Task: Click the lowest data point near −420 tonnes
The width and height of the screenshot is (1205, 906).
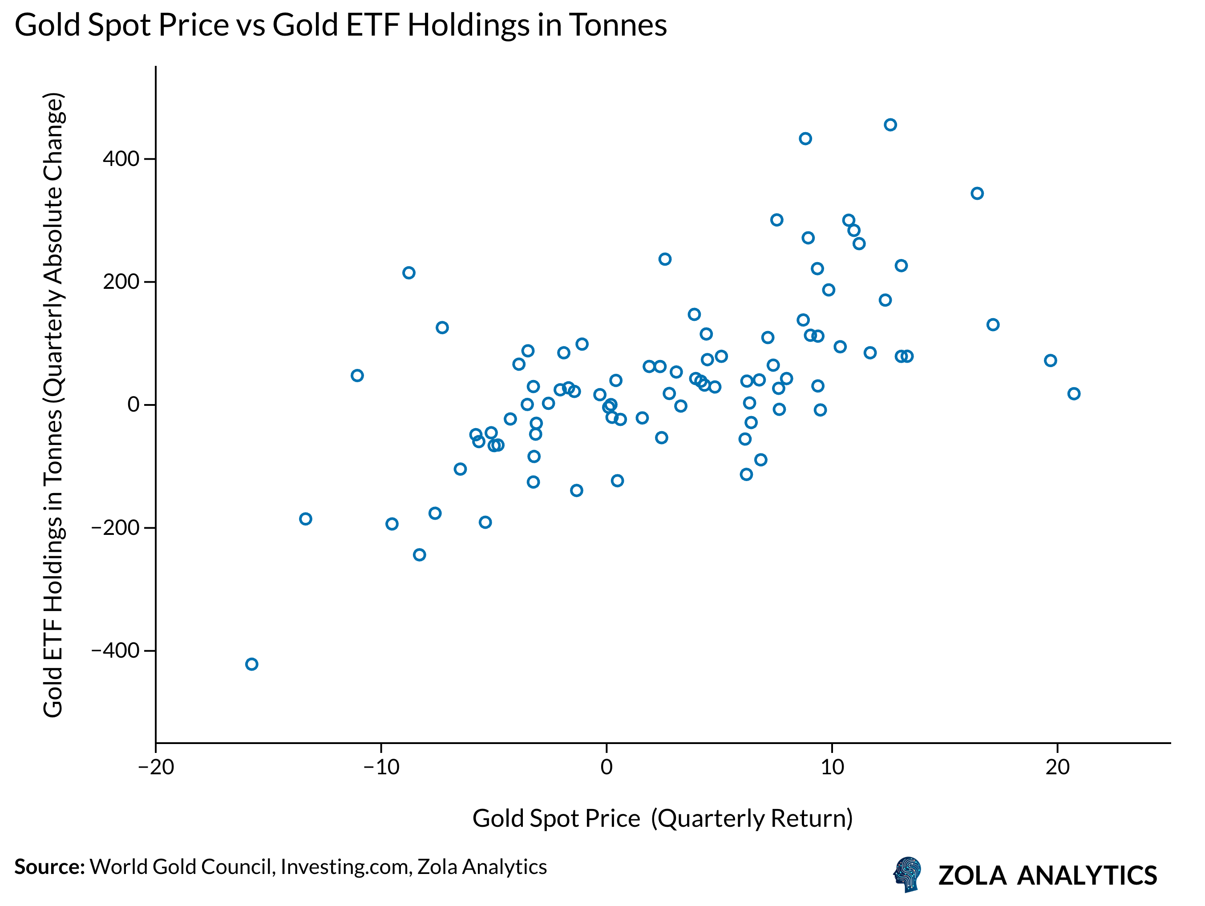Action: tap(251, 664)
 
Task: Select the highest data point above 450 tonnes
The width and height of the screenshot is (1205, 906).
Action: tap(890, 125)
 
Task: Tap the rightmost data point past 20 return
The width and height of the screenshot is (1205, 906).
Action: tap(1074, 393)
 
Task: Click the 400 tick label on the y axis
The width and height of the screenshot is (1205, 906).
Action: tap(121, 159)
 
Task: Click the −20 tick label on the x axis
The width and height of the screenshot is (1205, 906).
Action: tap(156, 768)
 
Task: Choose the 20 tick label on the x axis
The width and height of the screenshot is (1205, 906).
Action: tap(1057, 768)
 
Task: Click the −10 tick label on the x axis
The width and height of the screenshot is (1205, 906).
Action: tap(381, 768)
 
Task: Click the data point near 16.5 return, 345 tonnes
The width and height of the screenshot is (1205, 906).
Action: tap(977, 194)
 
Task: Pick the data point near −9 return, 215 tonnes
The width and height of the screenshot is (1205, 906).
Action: tap(408, 272)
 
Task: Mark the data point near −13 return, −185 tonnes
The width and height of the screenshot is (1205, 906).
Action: tap(306, 519)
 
